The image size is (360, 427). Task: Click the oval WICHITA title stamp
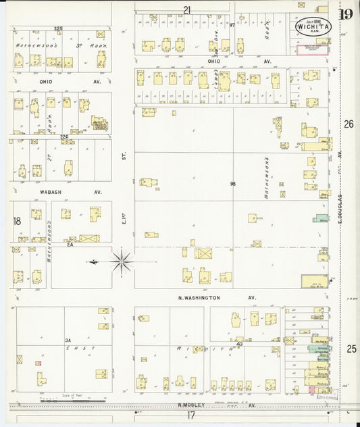coord(313,26)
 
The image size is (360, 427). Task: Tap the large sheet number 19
coord(346,14)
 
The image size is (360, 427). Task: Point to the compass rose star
coord(122,261)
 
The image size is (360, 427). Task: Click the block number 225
coord(58,28)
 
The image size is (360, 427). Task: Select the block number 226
coord(64,137)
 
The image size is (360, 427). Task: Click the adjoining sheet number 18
coord(17,221)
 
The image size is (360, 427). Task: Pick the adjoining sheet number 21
coord(187,9)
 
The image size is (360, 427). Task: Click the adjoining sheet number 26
coord(349,124)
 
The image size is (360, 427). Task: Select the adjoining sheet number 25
coord(351,349)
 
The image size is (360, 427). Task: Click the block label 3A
coord(68,341)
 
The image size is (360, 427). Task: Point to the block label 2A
coord(70,245)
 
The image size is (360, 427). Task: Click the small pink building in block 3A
coord(38,363)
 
